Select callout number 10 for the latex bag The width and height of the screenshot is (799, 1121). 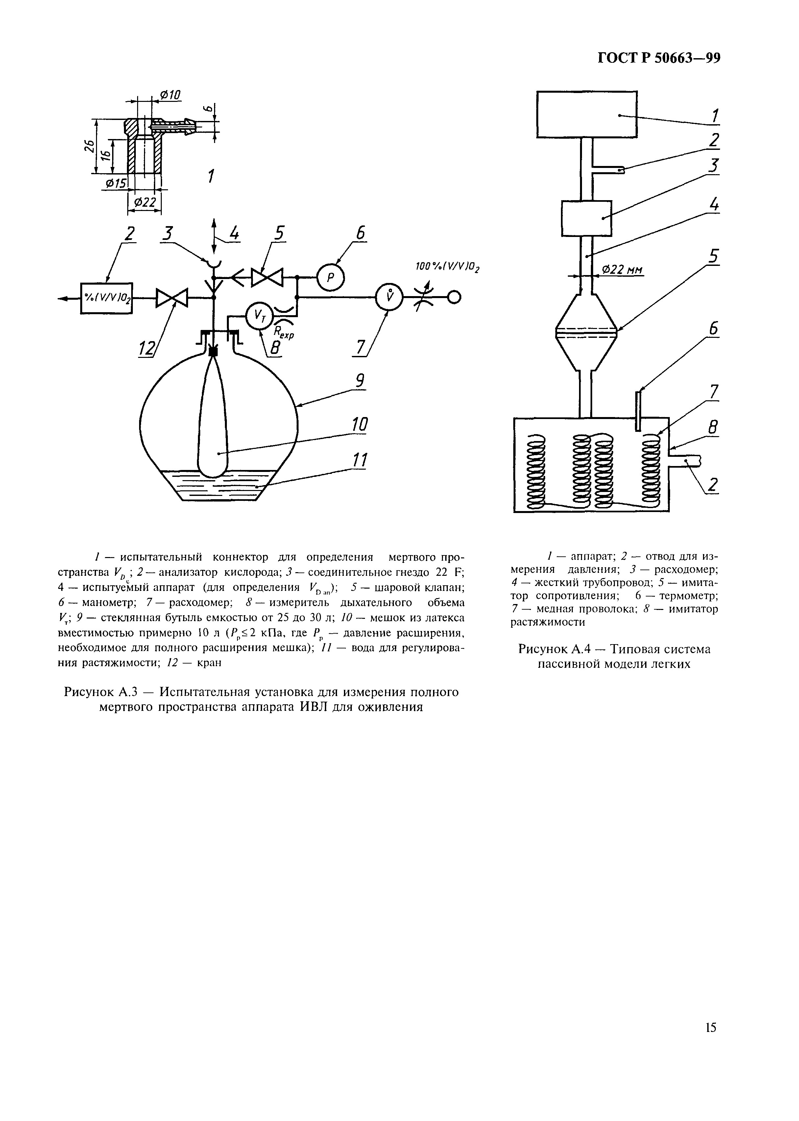point(360,424)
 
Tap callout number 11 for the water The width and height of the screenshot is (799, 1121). point(360,461)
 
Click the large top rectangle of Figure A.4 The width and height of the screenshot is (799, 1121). point(587,114)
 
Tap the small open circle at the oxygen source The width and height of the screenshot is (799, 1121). point(454,297)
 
